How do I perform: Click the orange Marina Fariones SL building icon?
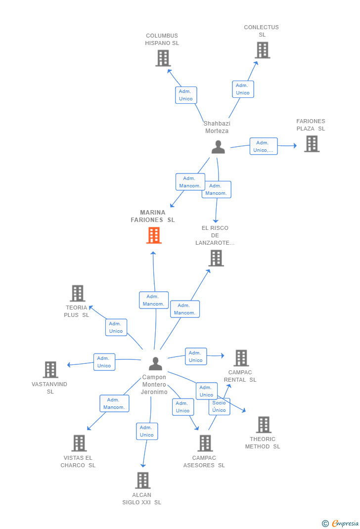154,235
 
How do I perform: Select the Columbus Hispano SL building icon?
163,58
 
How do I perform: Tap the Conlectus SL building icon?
263,50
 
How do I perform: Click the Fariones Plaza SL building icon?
312,144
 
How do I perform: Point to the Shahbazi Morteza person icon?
218,147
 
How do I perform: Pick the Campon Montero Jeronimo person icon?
156,363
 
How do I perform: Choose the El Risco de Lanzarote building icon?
216,258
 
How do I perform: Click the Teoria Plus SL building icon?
78,293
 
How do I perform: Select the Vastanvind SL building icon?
50,369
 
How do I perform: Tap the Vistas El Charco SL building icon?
79,443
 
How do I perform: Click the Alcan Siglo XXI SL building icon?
143,480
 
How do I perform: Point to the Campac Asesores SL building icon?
205,443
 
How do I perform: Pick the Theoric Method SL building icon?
264,424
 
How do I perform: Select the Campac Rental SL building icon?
241,358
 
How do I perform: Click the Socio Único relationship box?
219,406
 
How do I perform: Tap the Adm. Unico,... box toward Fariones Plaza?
264,146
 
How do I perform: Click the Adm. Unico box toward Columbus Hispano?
186,95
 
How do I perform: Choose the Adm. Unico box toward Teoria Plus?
116,327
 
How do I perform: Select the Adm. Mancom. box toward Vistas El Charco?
114,403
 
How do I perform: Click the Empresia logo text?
345,523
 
